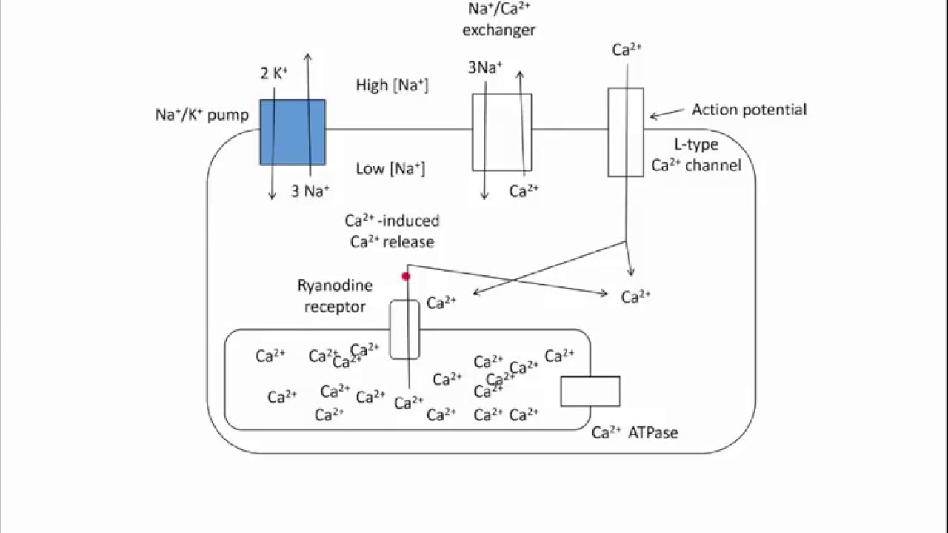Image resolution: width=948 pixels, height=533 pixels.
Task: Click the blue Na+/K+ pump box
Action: (x=292, y=132)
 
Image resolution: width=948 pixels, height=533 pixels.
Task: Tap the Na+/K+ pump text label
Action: (x=201, y=115)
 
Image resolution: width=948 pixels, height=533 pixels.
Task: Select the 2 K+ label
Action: (x=273, y=73)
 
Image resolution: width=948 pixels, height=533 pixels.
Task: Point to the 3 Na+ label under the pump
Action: (x=310, y=192)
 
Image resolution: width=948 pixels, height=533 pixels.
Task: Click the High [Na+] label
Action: (x=392, y=85)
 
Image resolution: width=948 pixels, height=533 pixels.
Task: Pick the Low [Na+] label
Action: (x=390, y=169)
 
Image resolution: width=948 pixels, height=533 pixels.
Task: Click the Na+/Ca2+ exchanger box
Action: (x=501, y=132)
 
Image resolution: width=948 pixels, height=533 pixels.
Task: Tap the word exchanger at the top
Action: (x=498, y=30)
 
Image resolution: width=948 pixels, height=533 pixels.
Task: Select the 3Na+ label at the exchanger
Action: (x=485, y=68)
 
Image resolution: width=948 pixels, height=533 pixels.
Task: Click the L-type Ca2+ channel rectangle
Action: (x=626, y=133)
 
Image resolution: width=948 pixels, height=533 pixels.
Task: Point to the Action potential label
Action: (x=749, y=110)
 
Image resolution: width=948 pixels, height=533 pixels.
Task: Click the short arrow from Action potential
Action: (x=667, y=113)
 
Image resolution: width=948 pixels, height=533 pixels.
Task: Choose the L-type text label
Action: (x=695, y=144)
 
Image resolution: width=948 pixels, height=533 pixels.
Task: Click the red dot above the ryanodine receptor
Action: (x=406, y=276)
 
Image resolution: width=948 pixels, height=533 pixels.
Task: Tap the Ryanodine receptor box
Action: (x=404, y=329)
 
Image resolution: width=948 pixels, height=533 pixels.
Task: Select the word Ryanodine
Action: (x=335, y=286)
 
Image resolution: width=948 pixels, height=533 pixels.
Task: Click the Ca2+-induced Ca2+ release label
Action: (x=392, y=231)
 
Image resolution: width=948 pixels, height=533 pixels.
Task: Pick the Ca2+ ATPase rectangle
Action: (x=590, y=391)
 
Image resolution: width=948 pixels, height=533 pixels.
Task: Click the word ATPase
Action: (x=652, y=432)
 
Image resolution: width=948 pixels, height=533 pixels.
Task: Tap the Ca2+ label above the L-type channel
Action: (x=627, y=50)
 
